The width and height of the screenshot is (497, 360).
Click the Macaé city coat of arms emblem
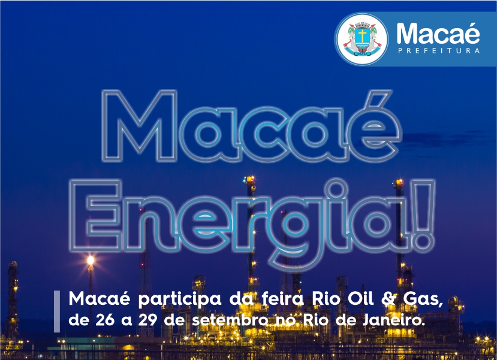[x=362, y=40]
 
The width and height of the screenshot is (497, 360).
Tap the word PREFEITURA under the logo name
[x=439, y=51]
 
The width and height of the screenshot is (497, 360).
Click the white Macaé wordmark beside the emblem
[x=438, y=34]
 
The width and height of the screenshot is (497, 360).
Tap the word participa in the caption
[x=179, y=300]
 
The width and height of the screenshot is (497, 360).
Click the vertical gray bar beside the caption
[x=57, y=311]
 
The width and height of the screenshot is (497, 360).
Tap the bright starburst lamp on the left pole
[x=91, y=260]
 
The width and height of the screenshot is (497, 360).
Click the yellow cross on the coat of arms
[x=362, y=35]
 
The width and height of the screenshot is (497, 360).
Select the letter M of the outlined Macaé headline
[x=140, y=126]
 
